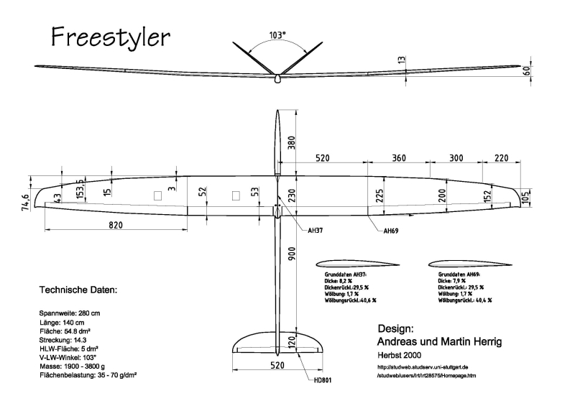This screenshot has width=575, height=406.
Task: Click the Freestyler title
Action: pyautogui.click(x=111, y=35)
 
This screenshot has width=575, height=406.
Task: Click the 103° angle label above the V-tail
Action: pyautogui.click(x=277, y=34)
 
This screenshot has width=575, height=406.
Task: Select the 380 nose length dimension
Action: pyautogui.click(x=291, y=143)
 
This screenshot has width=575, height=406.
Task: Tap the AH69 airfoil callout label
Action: pyautogui.click(x=390, y=231)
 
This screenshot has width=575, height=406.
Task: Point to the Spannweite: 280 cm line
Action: pyautogui.click(x=70, y=313)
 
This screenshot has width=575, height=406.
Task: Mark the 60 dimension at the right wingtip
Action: pyautogui.click(x=547, y=70)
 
